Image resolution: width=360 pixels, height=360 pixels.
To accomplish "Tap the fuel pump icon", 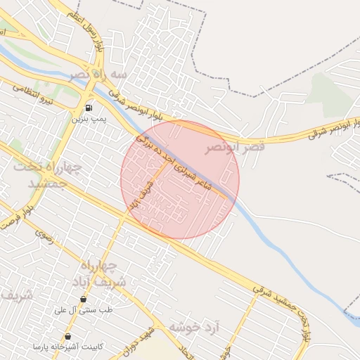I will click(89, 108).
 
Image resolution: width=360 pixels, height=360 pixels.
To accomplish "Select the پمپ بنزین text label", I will click(89, 120).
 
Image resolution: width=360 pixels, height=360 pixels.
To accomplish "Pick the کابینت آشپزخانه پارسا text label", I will click(67, 347).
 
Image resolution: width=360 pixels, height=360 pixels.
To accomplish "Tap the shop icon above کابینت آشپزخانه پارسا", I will click(67, 336).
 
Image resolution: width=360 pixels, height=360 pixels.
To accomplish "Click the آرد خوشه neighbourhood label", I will click(195, 328).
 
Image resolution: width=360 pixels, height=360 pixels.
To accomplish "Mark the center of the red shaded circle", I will click(180, 179).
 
